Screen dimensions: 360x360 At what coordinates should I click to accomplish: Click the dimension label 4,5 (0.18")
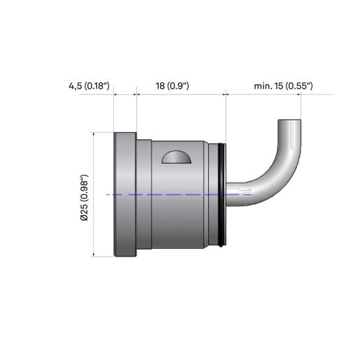click(89, 86)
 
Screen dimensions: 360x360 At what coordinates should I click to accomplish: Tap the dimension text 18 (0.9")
click(172, 86)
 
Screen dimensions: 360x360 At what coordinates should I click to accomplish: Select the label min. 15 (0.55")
click(283, 86)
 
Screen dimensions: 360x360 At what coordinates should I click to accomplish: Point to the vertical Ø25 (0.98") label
click(84, 197)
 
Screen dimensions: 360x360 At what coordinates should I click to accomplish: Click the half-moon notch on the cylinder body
click(176, 157)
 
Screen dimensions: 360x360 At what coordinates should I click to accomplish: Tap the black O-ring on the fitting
click(222, 194)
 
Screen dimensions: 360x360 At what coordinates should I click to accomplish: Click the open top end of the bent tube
click(289, 121)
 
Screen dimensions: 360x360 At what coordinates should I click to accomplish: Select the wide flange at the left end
click(125, 194)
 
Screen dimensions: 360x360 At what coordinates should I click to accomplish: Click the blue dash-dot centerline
click(179, 194)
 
